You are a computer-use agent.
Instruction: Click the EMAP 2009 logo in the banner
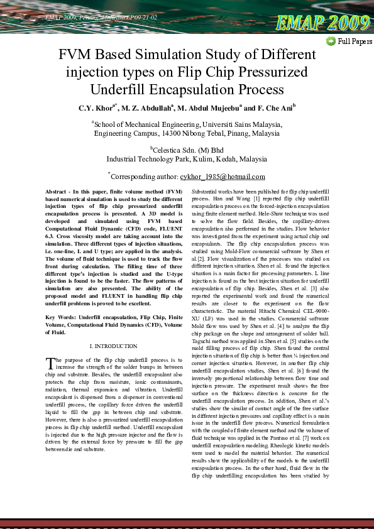click(x=322, y=23)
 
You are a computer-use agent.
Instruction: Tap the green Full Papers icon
click(x=331, y=41)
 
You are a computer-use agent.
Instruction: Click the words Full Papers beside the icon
click(x=355, y=42)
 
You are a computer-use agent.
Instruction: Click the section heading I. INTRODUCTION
click(x=114, y=346)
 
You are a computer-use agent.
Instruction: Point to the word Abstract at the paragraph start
click(x=59, y=190)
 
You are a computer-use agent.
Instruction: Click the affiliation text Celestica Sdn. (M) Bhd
click(x=188, y=150)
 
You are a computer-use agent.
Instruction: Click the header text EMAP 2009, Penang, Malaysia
click(x=88, y=17)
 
